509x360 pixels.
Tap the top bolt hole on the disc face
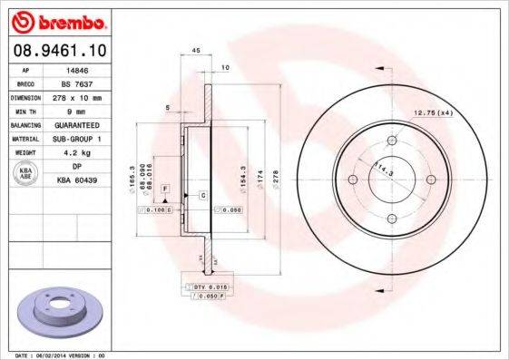coord(391,141)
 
